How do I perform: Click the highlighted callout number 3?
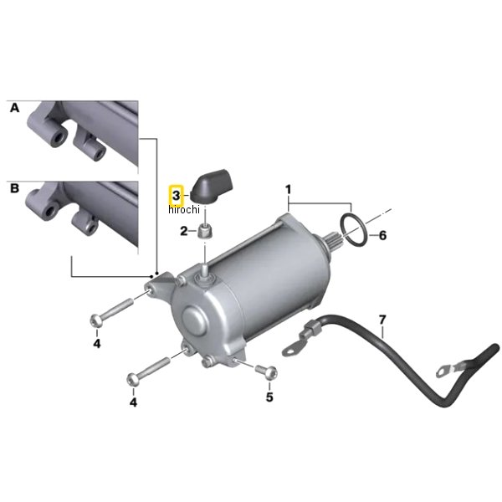tap(176, 195)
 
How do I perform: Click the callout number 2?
tap(183, 231)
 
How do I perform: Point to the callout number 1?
tap(288, 190)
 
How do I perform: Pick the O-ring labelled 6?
tap(353, 229)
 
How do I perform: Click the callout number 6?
tap(382, 236)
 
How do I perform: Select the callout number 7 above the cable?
tap(382, 320)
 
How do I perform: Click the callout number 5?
tap(269, 397)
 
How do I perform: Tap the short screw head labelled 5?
tap(270, 373)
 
